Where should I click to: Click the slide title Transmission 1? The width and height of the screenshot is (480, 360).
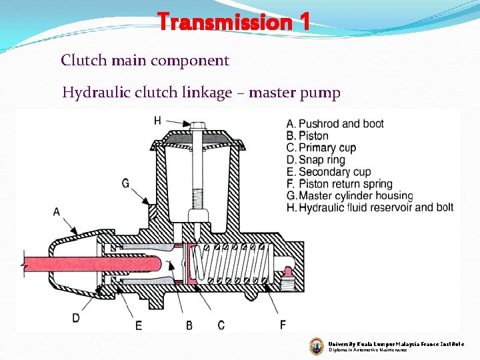(x=234, y=23)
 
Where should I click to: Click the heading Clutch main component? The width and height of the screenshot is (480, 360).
(x=145, y=61)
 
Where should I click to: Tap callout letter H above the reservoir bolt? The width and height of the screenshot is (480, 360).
(x=157, y=121)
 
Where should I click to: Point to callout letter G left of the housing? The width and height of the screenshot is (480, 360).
(x=125, y=183)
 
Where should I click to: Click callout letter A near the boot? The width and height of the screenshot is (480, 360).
(x=56, y=212)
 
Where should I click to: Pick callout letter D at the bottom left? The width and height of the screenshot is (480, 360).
(x=76, y=318)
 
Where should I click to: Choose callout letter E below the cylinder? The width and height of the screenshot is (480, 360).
(x=138, y=325)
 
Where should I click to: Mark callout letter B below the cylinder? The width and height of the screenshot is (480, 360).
(x=189, y=325)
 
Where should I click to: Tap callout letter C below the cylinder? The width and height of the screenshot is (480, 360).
(x=221, y=325)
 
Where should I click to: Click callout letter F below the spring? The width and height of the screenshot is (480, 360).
(x=283, y=325)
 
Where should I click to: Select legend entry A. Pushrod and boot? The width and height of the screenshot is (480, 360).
(x=335, y=124)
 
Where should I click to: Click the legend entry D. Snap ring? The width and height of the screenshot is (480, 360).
(x=316, y=160)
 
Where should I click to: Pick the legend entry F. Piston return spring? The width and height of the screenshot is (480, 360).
(x=339, y=184)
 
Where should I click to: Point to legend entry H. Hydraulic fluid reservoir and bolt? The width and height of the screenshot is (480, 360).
(x=370, y=208)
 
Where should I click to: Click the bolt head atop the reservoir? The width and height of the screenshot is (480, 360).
(x=197, y=126)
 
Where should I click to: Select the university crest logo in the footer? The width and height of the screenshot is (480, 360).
(x=317, y=346)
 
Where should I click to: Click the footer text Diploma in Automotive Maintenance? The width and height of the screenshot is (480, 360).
(x=367, y=350)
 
